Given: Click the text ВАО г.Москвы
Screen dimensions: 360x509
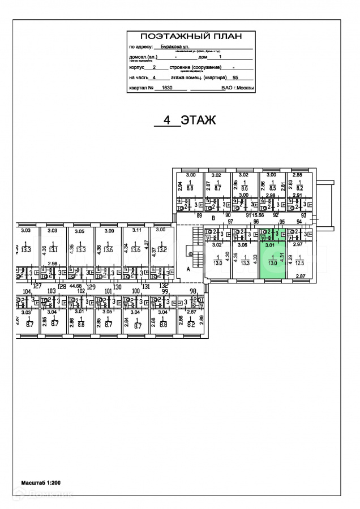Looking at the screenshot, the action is click(237, 88).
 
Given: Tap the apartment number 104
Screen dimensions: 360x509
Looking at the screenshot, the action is click(26, 291).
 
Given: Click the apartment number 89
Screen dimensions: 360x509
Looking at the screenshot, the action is click(199, 216).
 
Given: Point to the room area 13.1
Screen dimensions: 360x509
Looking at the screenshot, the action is click(53, 249).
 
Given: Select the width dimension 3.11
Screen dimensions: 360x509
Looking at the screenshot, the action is click(136, 231).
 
